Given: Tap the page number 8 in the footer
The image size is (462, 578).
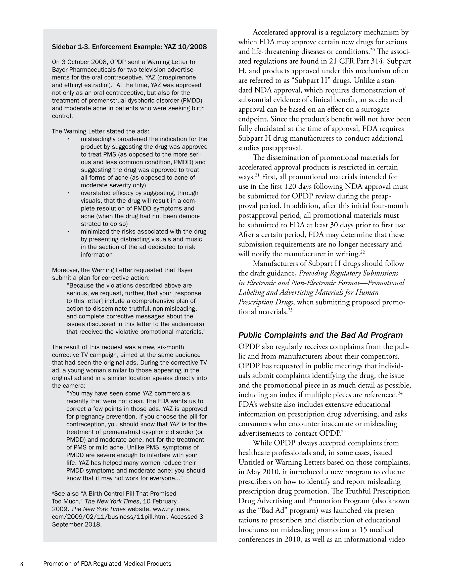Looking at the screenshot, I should click(22, 564).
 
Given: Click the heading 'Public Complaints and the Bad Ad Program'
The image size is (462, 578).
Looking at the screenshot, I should click(320, 335).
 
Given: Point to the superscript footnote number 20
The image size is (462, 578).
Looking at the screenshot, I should click(372, 49).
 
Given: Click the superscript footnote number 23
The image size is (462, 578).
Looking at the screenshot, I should click(290, 310).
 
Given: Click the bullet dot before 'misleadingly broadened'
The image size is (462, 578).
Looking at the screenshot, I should click(68, 139).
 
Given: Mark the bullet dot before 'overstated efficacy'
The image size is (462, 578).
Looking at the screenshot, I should click(68, 193).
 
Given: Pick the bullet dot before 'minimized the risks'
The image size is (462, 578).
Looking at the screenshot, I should click(68, 232).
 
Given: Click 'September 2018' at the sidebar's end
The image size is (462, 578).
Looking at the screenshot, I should click(77, 524).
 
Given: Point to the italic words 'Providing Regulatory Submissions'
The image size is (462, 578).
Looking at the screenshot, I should click(348, 273).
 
